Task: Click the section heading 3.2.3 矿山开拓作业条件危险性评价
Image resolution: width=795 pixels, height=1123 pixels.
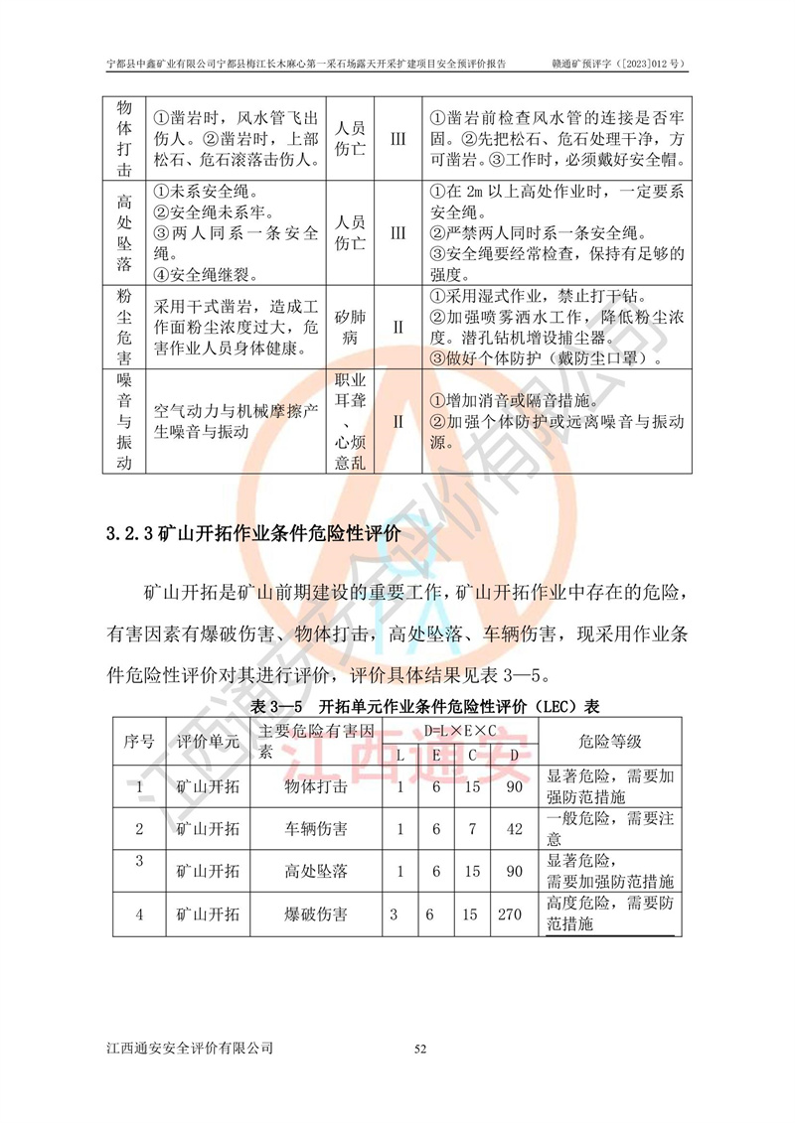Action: pos(253,532)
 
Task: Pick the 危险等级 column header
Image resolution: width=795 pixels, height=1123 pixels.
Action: pos(609,741)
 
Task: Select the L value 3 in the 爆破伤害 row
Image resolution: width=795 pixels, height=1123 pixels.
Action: pos(394,914)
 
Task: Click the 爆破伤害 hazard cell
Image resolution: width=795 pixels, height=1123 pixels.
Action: pos(315,914)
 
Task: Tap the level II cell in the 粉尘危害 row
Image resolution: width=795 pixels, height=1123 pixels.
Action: pos(397,326)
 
